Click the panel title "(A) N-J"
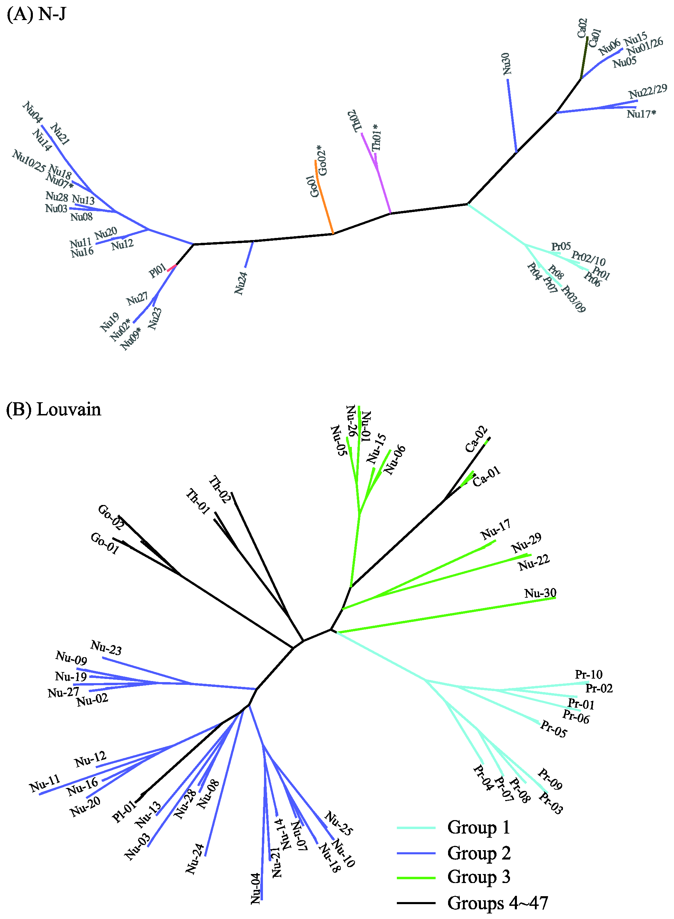[36, 14]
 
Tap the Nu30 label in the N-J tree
[507, 64]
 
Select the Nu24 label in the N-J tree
[241, 283]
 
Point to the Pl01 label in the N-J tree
[157, 270]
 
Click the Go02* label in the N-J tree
[322, 160]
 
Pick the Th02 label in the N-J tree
[355, 121]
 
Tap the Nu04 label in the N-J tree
[32, 112]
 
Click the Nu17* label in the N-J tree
[641, 114]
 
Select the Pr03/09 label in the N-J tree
[574, 299]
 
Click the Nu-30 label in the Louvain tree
[540, 593]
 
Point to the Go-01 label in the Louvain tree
[105, 543]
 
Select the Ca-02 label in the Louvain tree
[476, 439]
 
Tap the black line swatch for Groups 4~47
[416, 903]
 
